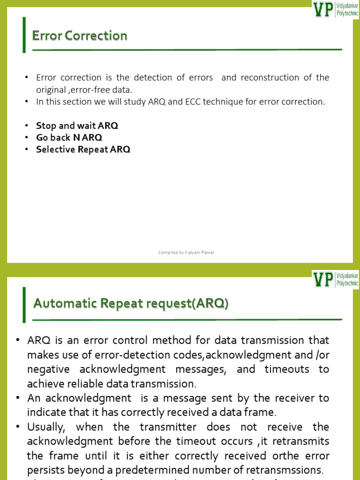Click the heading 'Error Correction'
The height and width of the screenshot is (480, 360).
pyautogui.click(x=79, y=36)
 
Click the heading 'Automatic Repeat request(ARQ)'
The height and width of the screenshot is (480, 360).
pyautogui.click(x=131, y=304)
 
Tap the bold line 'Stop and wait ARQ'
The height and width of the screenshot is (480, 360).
pyautogui.click(x=77, y=126)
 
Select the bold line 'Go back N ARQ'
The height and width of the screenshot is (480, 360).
pyautogui.click(x=69, y=137)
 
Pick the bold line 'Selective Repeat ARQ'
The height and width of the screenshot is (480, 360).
pyautogui.click(x=83, y=150)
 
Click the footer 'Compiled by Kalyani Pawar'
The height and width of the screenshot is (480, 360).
pyautogui.click(x=186, y=253)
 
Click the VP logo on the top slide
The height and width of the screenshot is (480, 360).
pyautogui.click(x=336, y=9)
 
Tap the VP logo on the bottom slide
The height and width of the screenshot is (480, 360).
pyautogui.click(x=336, y=279)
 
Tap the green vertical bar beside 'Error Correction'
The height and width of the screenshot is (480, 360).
pyautogui.click(x=24, y=35)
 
